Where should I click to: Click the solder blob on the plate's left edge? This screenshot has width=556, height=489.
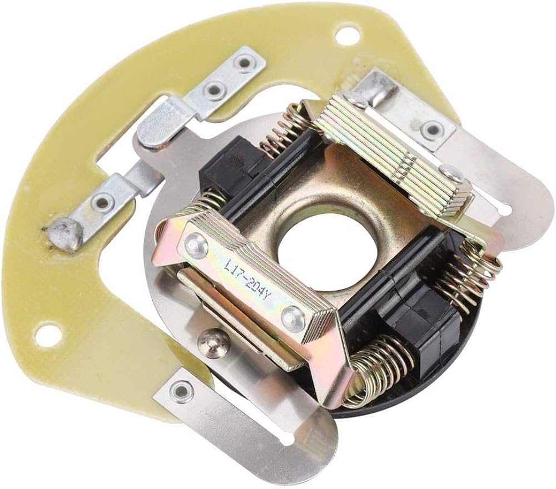(64, 233)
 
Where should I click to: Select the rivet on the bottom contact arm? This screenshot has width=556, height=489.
(181, 391)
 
